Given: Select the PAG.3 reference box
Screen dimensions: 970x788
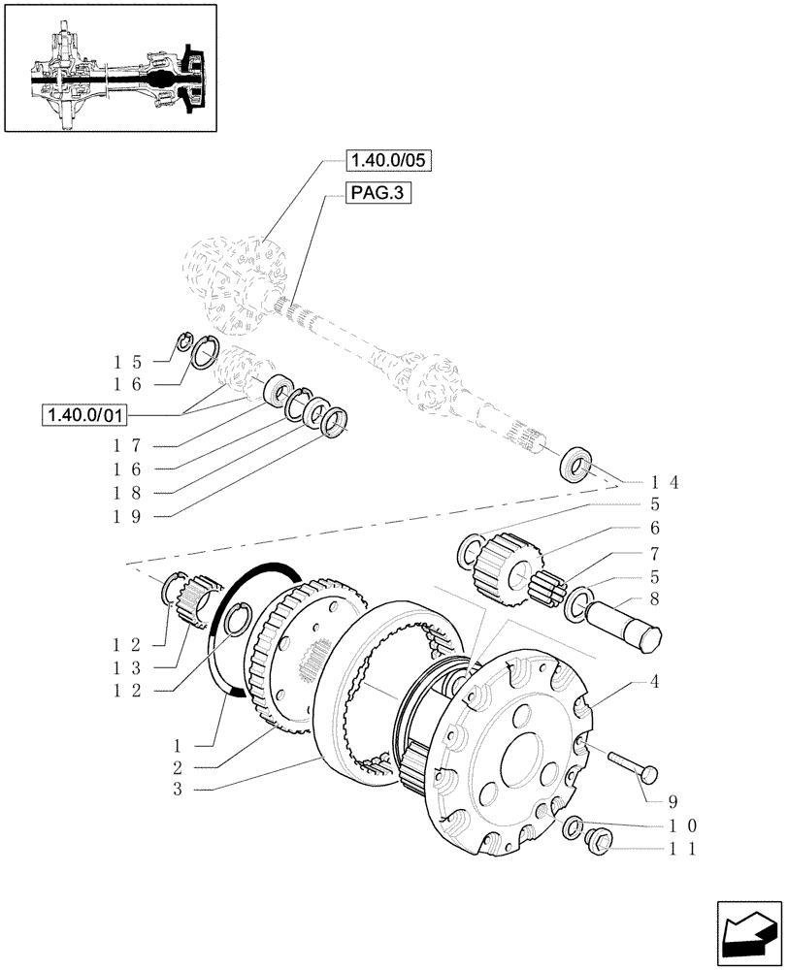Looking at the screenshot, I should [x=378, y=194].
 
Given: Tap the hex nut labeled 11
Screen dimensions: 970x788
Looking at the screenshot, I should [x=596, y=842].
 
